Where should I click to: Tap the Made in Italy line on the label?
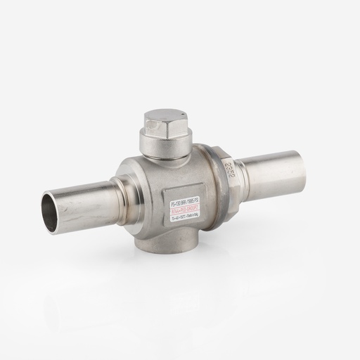[x=186, y=208]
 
